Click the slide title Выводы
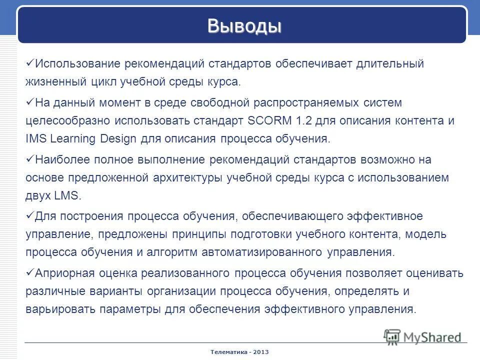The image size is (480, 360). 244,25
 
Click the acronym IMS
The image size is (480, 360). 34,138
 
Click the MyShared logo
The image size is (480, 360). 422,336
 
